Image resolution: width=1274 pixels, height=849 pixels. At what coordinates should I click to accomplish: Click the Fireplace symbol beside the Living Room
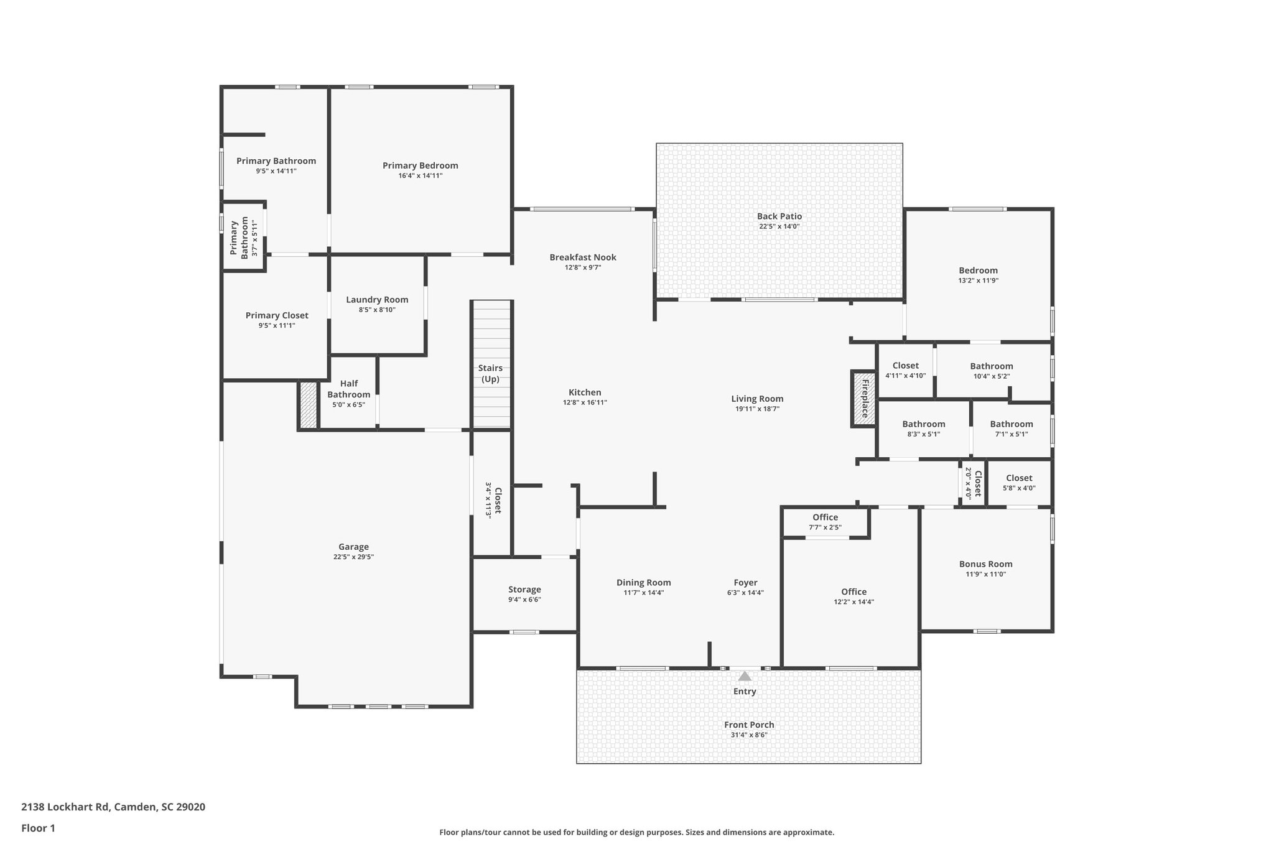pos(863,399)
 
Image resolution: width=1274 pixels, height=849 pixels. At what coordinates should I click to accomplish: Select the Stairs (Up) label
pos(490,373)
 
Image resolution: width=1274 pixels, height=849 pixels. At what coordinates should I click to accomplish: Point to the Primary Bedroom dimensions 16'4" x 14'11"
pos(420,176)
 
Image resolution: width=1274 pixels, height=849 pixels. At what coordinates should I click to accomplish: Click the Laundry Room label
pos(377,300)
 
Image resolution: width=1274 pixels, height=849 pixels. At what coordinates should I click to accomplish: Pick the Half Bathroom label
pos(348,389)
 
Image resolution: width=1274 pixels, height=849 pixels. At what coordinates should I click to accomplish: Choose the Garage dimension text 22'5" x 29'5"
pos(353,557)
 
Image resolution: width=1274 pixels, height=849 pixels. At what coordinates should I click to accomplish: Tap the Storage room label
pos(524,590)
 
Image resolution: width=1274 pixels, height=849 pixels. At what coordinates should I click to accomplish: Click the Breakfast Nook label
pos(582,257)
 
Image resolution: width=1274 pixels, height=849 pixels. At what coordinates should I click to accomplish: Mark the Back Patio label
pos(779,216)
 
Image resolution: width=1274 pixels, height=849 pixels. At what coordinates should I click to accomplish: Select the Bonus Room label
pos(985,564)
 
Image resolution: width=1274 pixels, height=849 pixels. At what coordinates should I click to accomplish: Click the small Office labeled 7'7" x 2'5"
pos(825,522)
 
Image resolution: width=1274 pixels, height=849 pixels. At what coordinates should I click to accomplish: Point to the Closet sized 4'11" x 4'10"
pos(905,370)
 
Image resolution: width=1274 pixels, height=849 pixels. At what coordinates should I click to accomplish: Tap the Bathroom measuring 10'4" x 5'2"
pos(991,371)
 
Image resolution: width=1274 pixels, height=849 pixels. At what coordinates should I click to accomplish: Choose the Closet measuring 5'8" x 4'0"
pos(1018,483)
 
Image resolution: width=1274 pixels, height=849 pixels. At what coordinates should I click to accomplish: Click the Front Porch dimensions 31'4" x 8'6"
pos(749,735)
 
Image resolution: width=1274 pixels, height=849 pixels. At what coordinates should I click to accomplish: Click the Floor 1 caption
pos(38,828)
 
